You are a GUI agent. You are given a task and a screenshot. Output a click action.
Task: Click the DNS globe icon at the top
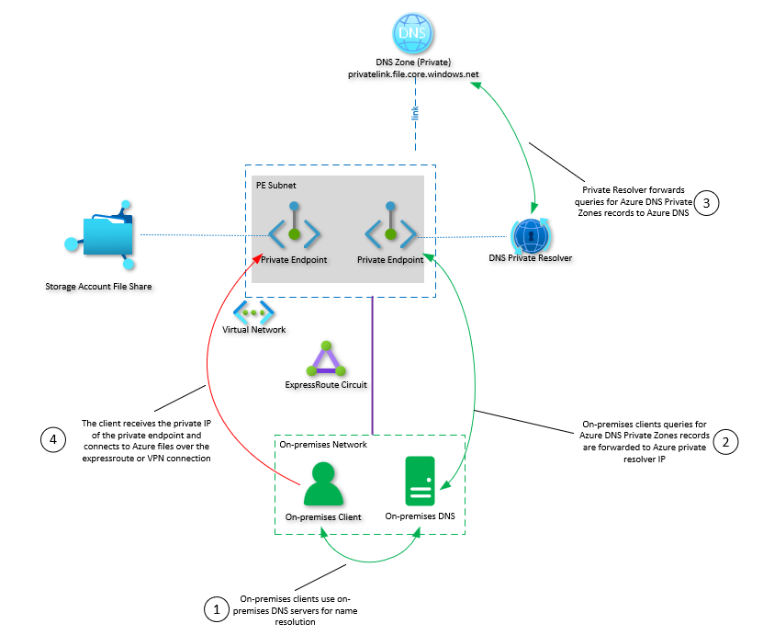point(412,34)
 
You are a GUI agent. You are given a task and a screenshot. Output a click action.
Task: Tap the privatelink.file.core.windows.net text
point(414,73)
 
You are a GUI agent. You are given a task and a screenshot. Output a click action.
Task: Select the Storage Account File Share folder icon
point(105,234)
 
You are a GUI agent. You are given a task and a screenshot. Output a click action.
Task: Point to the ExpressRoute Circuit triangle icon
point(327,361)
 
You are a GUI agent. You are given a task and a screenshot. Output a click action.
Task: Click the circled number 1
point(217,608)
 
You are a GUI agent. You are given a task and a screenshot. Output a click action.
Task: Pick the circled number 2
point(725,441)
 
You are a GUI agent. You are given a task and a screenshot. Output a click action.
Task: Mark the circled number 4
point(53,438)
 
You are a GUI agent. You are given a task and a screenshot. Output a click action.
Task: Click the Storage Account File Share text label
point(98,287)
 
